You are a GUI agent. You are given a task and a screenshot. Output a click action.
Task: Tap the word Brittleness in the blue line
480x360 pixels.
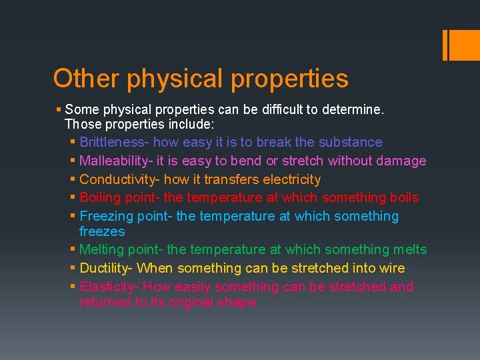pos(113,142)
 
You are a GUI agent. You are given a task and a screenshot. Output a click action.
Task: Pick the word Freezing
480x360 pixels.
pos(106,217)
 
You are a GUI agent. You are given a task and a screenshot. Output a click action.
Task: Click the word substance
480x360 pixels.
pos(350,142)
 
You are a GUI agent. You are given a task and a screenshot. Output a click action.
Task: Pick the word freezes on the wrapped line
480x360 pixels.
pos(102,232)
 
